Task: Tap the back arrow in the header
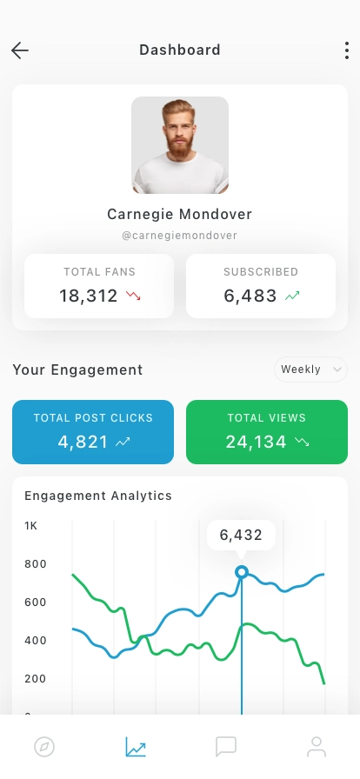(20, 50)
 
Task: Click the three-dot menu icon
(347, 50)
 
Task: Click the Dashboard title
(180, 50)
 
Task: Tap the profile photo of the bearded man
(180, 145)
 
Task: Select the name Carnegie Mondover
(180, 214)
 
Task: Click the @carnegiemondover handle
(180, 236)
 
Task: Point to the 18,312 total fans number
(89, 296)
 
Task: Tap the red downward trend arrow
(133, 296)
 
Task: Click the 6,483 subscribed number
(250, 296)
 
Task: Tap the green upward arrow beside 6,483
(292, 296)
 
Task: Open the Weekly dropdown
(310, 370)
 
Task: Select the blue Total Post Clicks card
(93, 432)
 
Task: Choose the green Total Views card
(267, 432)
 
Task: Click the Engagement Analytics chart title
(98, 496)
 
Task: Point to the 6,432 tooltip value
(241, 535)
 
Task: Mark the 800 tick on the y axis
(36, 564)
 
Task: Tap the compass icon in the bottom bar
(44, 747)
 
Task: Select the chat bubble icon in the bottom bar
(226, 747)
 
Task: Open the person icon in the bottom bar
(317, 747)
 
